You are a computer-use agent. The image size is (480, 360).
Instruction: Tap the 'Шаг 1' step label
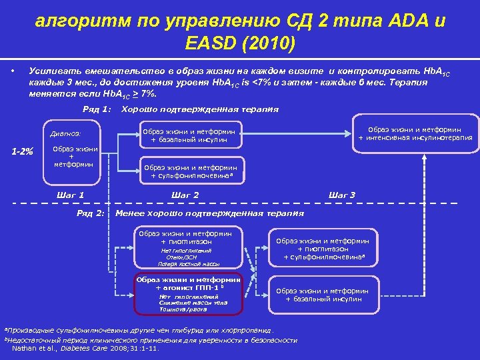(71, 195)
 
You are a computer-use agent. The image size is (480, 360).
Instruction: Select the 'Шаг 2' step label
(185, 195)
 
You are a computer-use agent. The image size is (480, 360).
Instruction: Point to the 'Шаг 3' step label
(342, 195)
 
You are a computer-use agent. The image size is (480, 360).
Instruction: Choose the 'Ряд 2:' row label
(90, 213)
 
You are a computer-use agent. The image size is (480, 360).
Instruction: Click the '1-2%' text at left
(23, 151)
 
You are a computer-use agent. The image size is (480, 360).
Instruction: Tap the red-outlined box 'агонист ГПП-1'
(189, 293)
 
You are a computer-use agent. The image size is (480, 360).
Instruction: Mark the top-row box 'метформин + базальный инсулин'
(189, 135)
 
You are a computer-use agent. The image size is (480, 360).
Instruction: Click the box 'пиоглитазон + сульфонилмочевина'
(326, 248)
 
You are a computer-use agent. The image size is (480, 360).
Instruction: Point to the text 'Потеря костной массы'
(189, 264)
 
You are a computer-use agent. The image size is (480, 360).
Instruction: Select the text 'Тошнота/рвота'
(183, 309)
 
